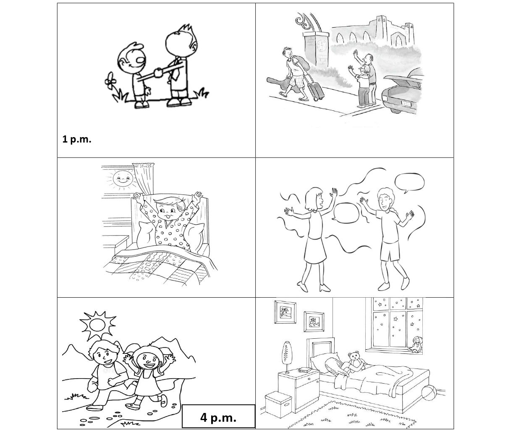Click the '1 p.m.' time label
pyautogui.click(x=76, y=140)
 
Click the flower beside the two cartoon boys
pyautogui.click(x=110, y=80)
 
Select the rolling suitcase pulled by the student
pyautogui.click(x=315, y=90)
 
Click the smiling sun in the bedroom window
pyautogui.click(x=122, y=179)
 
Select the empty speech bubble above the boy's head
pyautogui.click(x=409, y=182)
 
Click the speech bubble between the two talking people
pyautogui.click(x=346, y=213)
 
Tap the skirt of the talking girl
pyautogui.click(x=315, y=249)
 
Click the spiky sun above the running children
pyautogui.click(x=97, y=325)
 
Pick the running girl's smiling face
pyautogui.click(x=149, y=361)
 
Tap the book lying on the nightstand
pyautogui.click(x=305, y=370)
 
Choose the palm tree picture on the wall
pyautogui.click(x=285, y=312)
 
